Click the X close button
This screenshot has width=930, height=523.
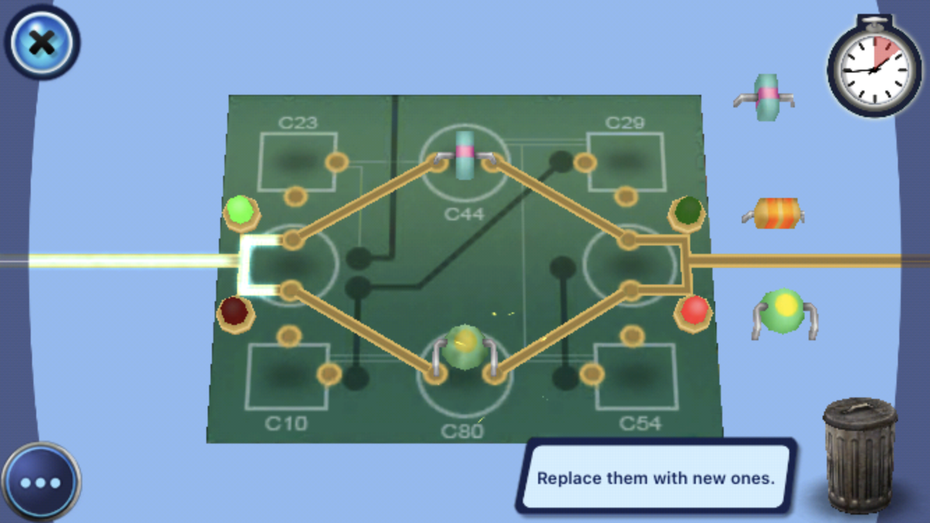click(43, 43)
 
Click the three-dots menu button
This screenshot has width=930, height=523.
click(40, 483)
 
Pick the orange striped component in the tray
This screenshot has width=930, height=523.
click(772, 213)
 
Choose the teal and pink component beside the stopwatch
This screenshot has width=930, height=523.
click(765, 98)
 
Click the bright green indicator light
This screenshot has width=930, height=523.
click(240, 209)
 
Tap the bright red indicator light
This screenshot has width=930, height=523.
click(694, 310)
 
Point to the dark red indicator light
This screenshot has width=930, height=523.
click(234, 311)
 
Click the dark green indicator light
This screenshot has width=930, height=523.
click(687, 210)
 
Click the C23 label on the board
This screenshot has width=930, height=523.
click(298, 123)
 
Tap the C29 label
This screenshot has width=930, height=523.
click(625, 123)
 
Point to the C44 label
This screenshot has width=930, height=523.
click(465, 213)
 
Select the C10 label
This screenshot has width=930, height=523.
click(286, 423)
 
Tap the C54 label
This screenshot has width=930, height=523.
click(640, 423)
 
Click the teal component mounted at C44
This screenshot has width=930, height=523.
click(464, 154)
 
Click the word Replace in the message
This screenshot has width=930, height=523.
click(567, 479)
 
